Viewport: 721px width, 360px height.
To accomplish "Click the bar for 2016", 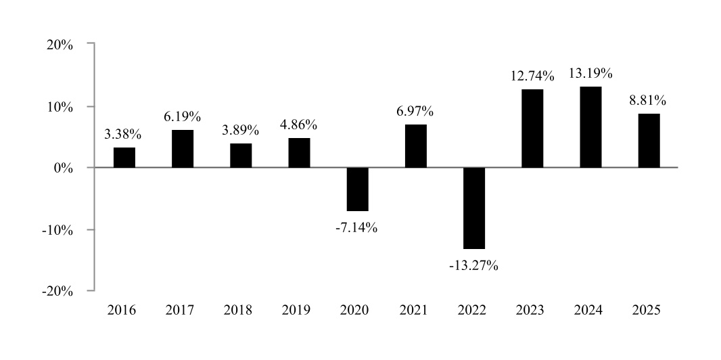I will click(124, 157).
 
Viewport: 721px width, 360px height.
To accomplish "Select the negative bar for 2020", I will click(357, 189).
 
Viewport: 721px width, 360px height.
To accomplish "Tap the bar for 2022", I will click(473, 208).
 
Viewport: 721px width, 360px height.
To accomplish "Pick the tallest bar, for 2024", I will click(590, 127).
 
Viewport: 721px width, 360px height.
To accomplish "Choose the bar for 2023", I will click(532, 128).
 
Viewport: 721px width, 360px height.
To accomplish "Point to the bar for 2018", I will click(241, 155).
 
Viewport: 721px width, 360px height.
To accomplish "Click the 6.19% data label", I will click(182, 117).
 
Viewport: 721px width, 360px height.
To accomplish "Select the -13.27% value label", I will click(473, 265).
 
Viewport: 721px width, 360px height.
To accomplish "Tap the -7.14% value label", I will click(356, 227).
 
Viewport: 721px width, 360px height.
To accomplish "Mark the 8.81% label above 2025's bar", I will click(648, 101).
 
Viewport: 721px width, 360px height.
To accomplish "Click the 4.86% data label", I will click(298, 125).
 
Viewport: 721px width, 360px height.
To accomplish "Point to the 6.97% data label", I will click(415, 111).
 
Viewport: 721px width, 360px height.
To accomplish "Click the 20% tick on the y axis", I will click(60, 45).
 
